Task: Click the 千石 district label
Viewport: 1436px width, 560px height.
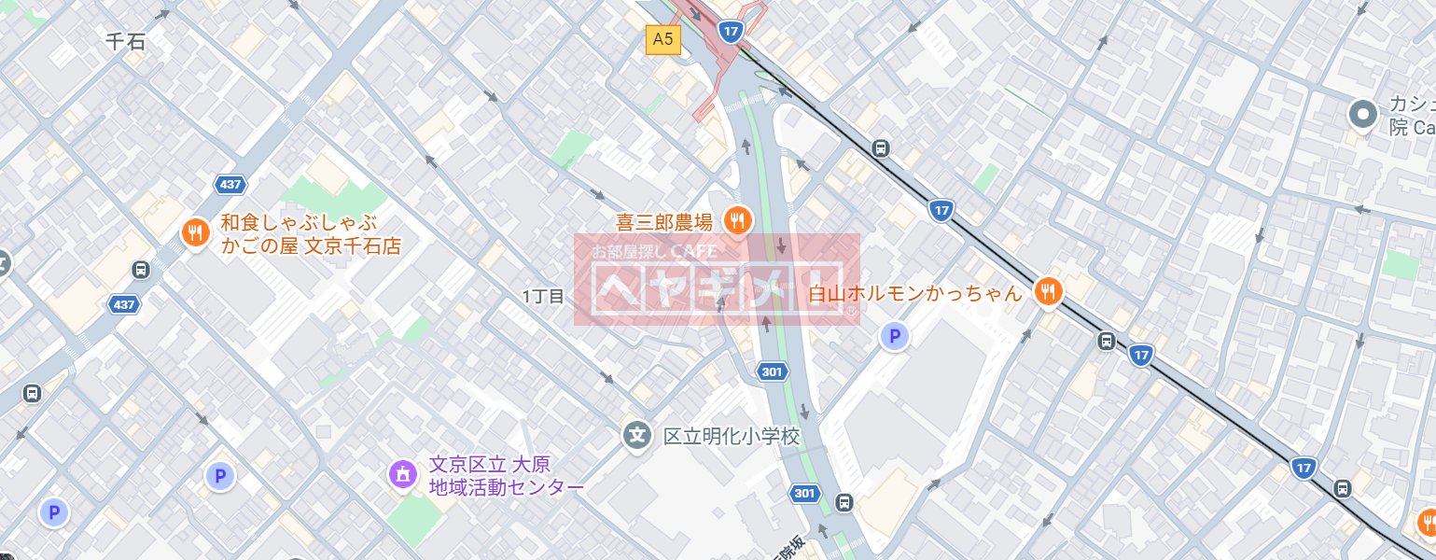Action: (x=126, y=41)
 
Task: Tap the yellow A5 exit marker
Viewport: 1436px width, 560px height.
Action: (x=663, y=39)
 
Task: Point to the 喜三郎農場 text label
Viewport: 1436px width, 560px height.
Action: (x=664, y=222)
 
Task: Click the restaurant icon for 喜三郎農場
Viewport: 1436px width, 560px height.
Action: (x=738, y=220)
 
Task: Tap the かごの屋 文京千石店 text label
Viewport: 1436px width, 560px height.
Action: (x=311, y=247)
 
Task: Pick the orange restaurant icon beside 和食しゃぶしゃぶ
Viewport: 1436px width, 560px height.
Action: (x=195, y=232)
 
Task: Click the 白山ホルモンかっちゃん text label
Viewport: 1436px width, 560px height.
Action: (x=915, y=293)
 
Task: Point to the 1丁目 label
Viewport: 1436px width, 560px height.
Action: (x=544, y=296)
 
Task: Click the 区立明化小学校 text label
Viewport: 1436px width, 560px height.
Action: (x=732, y=436)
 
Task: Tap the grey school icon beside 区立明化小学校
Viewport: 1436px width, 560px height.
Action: (x=637, y=434)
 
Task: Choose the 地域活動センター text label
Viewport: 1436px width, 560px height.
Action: (x=506, y=486)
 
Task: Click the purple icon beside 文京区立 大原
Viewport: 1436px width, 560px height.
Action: (x=402, y=474)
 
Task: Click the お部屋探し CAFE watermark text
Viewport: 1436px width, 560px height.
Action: (x=653, y=251)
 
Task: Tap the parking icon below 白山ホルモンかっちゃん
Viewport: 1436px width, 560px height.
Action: (x=895, y=337)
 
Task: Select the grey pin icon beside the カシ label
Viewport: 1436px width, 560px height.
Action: (x=1363, y=115)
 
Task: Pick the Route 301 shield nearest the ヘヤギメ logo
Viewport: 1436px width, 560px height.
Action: (x=772, y=372)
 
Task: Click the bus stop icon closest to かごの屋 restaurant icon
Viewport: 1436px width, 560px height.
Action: (x=140, y=270)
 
